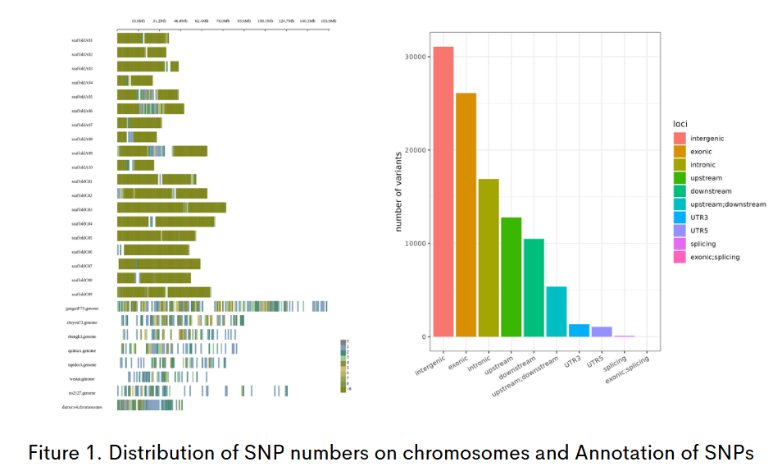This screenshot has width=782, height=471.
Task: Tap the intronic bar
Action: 489,258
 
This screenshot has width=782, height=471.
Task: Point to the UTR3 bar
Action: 579,330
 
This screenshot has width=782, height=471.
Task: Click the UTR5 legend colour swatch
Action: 680,231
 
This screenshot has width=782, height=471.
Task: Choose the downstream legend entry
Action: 711,191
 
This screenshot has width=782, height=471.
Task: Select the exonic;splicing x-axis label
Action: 631,366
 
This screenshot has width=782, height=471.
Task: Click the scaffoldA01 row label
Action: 82,39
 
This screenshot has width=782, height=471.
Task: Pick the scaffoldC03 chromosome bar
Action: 171,208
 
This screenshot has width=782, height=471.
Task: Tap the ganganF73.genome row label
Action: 82,308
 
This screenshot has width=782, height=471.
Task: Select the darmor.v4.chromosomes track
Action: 150,405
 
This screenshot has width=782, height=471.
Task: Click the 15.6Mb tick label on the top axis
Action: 139,21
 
